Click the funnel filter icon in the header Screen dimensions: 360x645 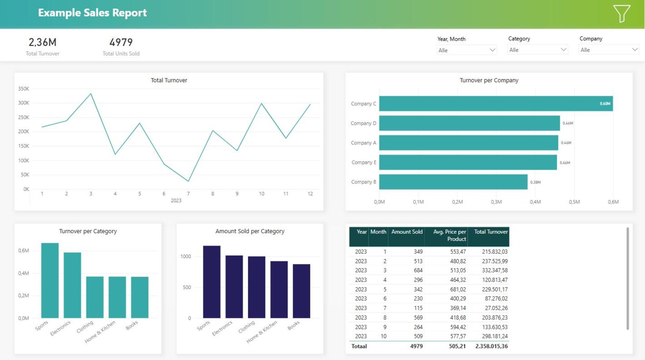[x=621, y=13]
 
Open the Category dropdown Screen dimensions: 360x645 [x=537, y=50]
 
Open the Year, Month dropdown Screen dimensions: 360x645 [x=466, y=50]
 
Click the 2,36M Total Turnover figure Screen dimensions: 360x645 [x=42, y=42]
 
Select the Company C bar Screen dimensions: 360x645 [x=496, y=104]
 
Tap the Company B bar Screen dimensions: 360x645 [x=453, y=182]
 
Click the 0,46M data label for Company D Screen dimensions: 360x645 [x=567, y=123]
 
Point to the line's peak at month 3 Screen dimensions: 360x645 [x=91, y=94]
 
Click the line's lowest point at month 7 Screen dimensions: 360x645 [x=188, y=181]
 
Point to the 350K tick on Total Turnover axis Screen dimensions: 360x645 [x=24, y=89]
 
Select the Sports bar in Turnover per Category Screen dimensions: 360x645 [x=50, y=280]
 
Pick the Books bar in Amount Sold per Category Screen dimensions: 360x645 [x=301, y=291]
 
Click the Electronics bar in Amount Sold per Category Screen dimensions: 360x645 [x=234, y=286]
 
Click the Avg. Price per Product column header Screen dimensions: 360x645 [x=449, y=235]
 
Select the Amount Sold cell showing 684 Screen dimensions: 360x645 [x=418, y=271]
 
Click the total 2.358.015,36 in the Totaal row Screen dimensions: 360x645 [x=491, y=347]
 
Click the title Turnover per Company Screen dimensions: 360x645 [x=489, y=80]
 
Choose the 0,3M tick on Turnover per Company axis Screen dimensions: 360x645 [x=496, y=202]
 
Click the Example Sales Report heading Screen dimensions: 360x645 [x=92, y=13]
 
